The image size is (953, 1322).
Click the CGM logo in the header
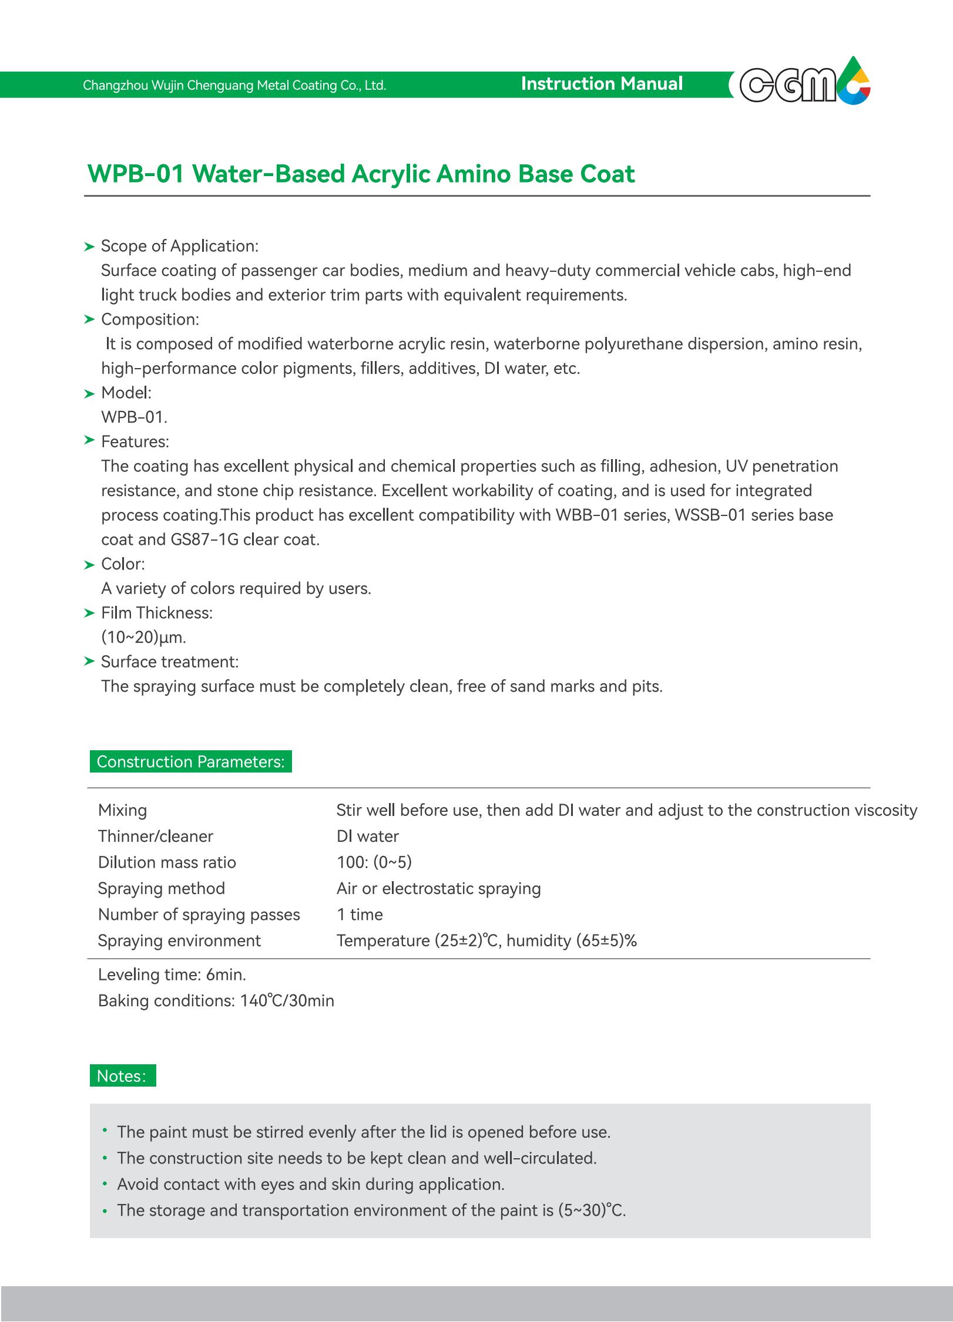[x=803, y=84]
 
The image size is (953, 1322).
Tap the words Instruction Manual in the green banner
[x=602, y=84]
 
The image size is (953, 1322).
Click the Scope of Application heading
[x=179, y=246]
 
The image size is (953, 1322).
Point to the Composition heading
[x=150, y=319]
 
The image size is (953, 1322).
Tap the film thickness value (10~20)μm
[x=143, y=637]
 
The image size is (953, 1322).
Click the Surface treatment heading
[x=169, y=662]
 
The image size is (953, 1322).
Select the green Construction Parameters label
[x=190, y=761]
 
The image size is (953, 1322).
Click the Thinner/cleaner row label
[x=155, y=836]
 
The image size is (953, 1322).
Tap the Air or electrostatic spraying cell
[x=438, y=888]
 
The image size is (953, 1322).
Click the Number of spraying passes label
[x=199, y=914]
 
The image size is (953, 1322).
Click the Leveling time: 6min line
[x=172, y=974]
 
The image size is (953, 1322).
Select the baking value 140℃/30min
[x=287, y=1000]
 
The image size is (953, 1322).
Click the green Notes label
[x=122, y=1076]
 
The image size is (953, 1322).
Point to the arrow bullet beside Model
[x=89, y=393]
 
